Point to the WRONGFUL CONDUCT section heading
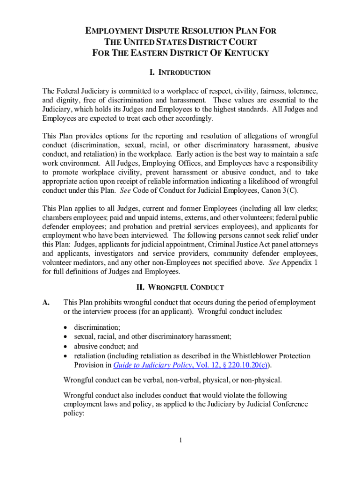click(180, 287)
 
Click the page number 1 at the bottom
click(180, 440)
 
